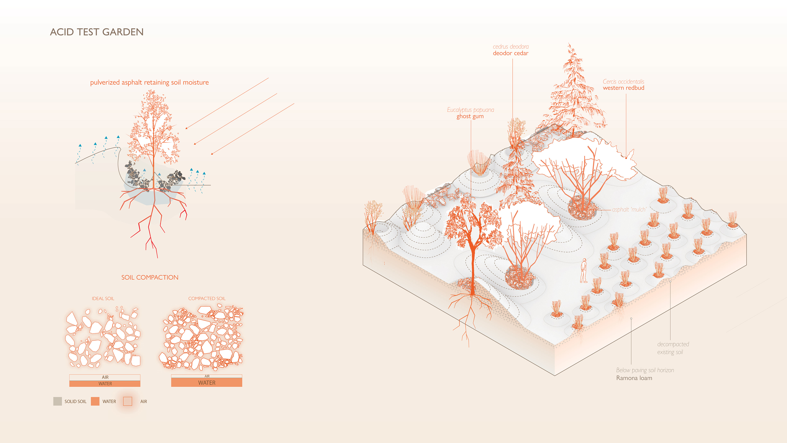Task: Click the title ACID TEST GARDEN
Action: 97,32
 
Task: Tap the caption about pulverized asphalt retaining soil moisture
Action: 149,82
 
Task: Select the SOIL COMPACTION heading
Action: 150,277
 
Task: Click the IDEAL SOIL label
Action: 103,298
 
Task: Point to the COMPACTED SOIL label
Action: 207,298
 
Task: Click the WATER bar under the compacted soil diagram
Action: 207,382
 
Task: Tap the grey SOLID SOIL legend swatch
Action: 57,401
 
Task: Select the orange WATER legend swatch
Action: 95,401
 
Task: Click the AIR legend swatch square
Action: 127,401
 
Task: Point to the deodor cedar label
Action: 511,53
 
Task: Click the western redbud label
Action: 623,88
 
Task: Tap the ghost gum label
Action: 470,116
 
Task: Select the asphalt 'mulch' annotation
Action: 629,209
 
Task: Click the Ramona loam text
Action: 634,378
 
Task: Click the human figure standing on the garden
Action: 583,271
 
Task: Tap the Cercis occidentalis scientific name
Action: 623,82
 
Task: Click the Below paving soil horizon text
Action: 645,370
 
